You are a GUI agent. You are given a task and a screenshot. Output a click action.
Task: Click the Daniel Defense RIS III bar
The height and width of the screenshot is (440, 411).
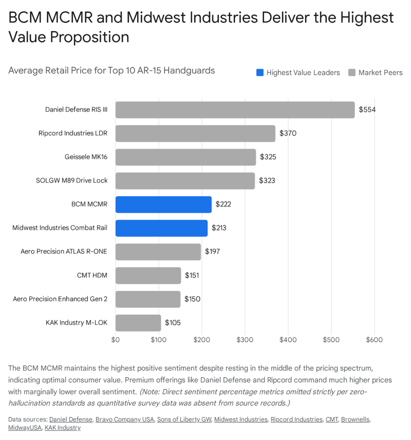point(235,110)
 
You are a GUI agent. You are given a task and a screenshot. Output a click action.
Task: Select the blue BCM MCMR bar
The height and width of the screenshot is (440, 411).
point(163,205)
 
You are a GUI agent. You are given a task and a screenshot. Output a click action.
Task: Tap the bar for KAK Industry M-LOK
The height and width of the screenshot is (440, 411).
point(138,323)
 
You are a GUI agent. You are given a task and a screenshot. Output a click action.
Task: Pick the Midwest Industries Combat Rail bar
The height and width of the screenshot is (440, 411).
point(161,228)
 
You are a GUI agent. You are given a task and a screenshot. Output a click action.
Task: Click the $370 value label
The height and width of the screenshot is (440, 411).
point(288,133)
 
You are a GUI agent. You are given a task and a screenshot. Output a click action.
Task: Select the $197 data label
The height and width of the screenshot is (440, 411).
point(212,251)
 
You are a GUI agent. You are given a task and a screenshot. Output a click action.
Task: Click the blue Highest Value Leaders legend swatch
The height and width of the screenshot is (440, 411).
point(260,73)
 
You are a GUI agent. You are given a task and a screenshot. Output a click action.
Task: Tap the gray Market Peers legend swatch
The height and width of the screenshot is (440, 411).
point(352,73)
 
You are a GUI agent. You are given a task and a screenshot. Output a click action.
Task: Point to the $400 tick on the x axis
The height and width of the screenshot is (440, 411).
point(288,340)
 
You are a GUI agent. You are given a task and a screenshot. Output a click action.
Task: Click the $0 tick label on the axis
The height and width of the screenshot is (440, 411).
point(116,340)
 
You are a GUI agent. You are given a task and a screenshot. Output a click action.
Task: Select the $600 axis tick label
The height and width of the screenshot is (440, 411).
point(374,340)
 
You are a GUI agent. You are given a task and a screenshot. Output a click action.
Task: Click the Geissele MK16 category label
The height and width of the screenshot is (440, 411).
point(86,157)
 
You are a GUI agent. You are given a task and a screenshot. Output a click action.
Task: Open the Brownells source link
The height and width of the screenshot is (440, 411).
point(355,419)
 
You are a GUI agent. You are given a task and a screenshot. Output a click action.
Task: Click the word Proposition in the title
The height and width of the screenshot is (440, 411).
point(90,37)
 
